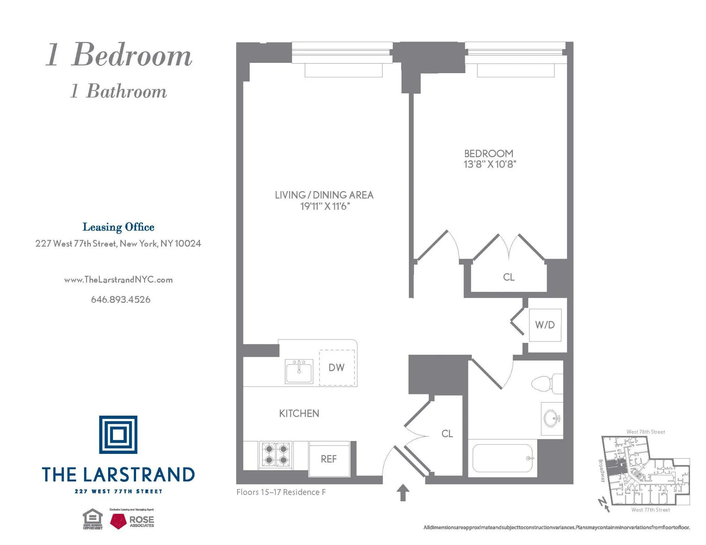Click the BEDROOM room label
point(488,154)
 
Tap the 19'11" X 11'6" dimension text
point(325,207)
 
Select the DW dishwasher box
point(337,367)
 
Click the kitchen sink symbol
point(299,371)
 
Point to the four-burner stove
point(276,455)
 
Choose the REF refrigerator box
point(329,459)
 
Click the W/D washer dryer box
point(545,325)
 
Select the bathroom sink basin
point(552,419)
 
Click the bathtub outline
point(502,458)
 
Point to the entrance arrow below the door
point(403,492)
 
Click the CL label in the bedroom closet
point(509,277)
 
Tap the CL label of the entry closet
point(447,434)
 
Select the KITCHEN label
point(299,413)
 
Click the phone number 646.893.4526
point(121,300)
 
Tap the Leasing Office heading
point(118,227)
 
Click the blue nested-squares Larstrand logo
point(118,435)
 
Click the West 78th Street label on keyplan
point(645,432)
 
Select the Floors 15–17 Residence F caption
point(281,492)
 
